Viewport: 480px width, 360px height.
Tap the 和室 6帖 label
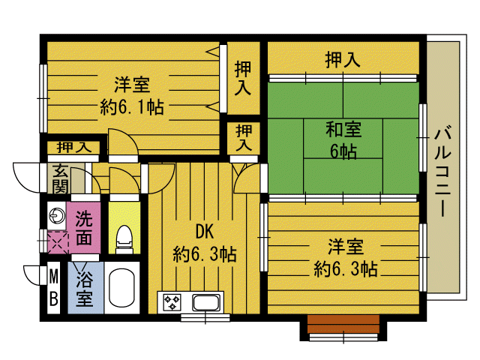[343, 139]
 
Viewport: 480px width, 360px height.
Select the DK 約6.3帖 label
[204, 242]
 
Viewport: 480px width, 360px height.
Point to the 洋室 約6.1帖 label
[132, 94]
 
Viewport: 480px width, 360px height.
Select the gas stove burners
[172, 303]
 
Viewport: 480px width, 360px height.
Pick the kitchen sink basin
[205, 303]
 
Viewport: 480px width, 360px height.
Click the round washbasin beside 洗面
[57, 215]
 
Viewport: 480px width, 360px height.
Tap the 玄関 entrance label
[58, 178]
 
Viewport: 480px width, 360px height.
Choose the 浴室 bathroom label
[84, 285]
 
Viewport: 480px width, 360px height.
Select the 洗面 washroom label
[84, 228]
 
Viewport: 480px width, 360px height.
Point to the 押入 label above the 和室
[343, 59]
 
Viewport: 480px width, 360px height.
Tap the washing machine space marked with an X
[57, 241]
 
